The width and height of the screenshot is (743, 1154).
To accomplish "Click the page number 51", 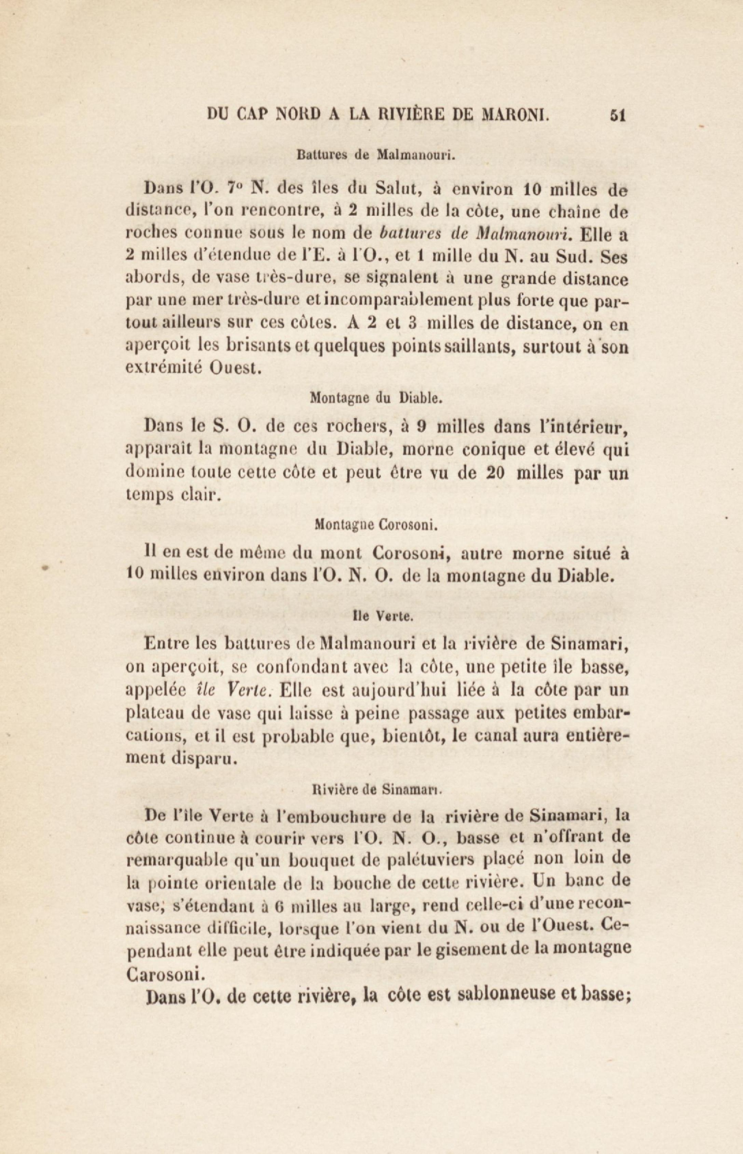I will pos(618,116).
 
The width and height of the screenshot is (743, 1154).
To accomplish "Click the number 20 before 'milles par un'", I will pos(495,473).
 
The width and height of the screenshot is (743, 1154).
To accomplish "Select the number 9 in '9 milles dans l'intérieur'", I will pos(421,427).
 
